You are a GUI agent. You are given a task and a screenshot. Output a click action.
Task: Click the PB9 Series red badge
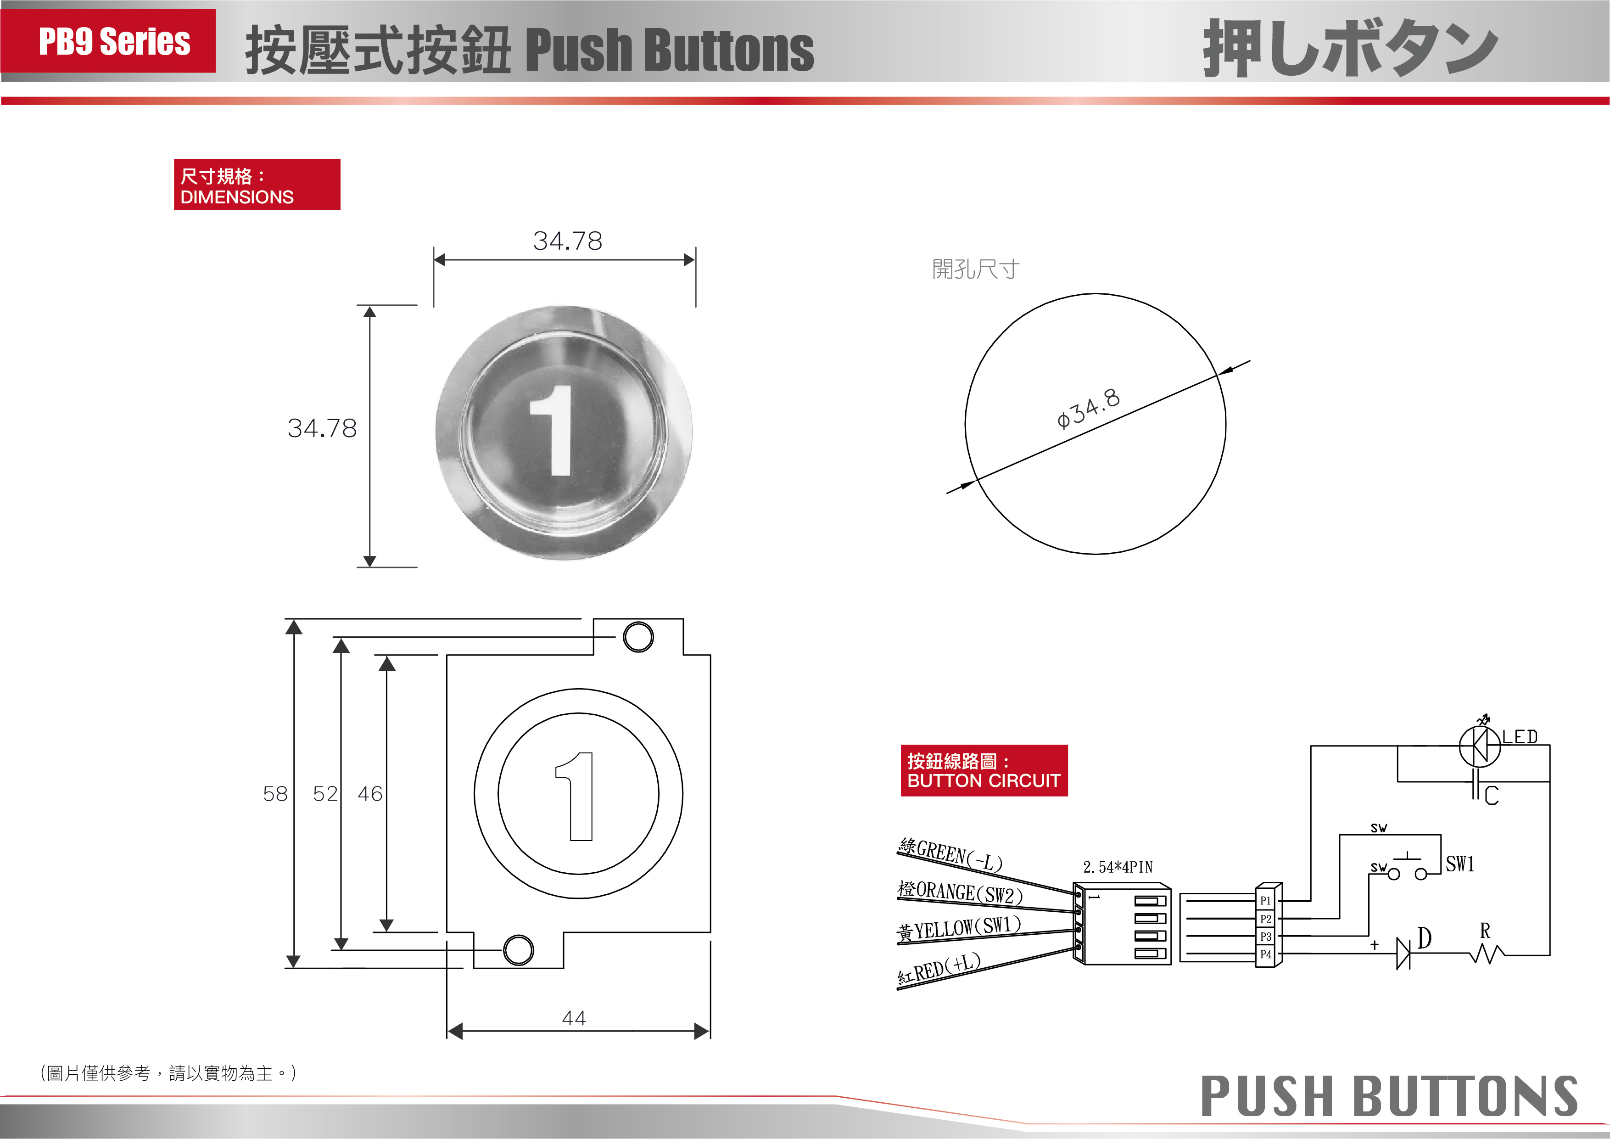point(108,41)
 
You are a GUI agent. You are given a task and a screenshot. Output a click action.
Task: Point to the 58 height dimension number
point(275,794)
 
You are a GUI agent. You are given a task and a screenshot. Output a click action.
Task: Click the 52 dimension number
point(325,794)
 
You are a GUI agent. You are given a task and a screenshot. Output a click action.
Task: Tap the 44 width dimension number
point(574,1018)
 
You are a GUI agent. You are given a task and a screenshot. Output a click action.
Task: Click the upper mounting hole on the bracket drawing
point(638,637)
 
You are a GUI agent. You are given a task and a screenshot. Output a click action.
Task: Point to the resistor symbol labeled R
point(1487,954)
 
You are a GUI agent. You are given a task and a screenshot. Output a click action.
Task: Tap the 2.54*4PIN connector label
point(1118,868)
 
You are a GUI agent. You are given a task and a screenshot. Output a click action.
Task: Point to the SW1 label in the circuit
point(1460,864)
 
